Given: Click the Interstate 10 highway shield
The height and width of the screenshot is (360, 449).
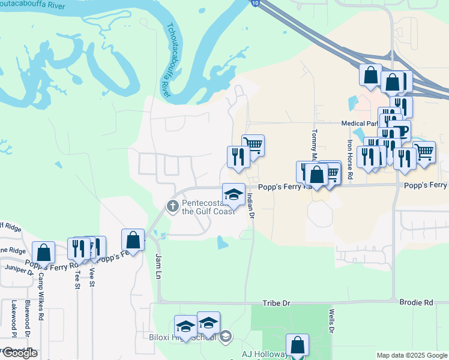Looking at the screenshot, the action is (x=256, y=4).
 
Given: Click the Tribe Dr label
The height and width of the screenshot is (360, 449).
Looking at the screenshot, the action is (x=277, y=304).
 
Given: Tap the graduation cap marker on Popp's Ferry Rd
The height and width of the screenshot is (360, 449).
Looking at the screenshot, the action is (x=234, y=194).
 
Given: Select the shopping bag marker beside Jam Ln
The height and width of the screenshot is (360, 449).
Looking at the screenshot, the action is (x=133, y=240).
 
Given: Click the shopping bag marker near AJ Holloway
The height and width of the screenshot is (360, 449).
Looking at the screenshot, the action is (x=297, y=345).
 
